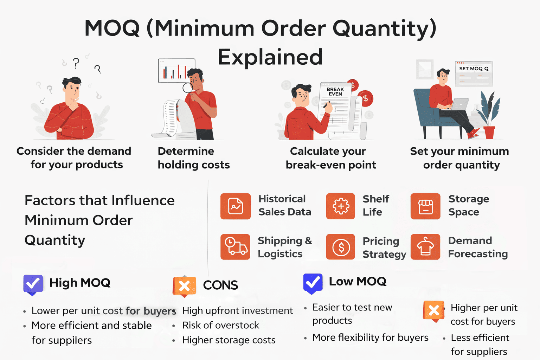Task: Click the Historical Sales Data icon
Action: [x=236, y=206]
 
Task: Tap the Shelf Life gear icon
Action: [x=341, y=206]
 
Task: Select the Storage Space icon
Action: [x=425, y=206]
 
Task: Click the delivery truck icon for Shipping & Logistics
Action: [x=236, y=247]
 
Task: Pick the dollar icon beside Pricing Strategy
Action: [x=341, y=247]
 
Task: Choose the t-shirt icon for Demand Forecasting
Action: [x=425, y=247]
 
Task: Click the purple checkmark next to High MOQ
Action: [x=33, y=284]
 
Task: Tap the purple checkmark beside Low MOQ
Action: [x=313, y=283]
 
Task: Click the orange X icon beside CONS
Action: [x=184, y=286]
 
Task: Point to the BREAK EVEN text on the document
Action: [x=335, y=92]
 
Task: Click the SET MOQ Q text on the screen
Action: [x=474, y=69]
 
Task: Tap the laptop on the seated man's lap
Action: [x=460, y=104]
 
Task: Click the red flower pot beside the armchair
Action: [x=489, y=132]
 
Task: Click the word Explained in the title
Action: [x=270, y=57]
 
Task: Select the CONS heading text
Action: [x=220, y=285]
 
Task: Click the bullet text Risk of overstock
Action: [x=220, y=325]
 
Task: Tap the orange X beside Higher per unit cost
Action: [x=433, y=311]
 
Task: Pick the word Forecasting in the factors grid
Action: [x=478, y=254]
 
